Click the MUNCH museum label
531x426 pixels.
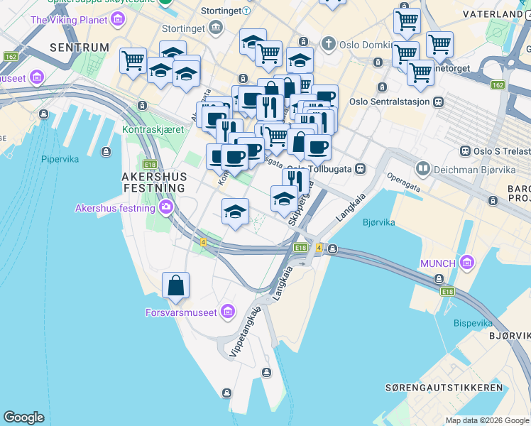(437, 263)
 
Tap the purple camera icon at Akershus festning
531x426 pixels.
(166, 207)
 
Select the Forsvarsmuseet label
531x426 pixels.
(181, 312)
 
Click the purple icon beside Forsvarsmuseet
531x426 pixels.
(227, 311)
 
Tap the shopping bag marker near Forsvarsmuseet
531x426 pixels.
(175, 286)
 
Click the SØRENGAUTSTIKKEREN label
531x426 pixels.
(444, 388)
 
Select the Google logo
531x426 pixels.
(23, 417)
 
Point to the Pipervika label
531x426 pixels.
(60, 159)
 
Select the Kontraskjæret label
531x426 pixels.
(153, 129)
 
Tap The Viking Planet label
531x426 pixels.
(68, 20)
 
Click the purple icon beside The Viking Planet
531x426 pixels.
(117, 19)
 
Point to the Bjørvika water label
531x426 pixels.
(378, 222)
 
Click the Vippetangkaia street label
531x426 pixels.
(244, 331)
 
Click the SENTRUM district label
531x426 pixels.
(80, 48)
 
